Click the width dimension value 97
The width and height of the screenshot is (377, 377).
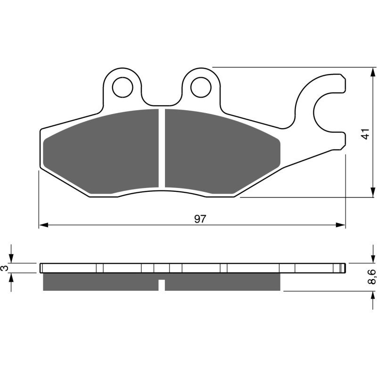[200, 219]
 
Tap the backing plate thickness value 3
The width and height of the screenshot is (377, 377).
[5, 268]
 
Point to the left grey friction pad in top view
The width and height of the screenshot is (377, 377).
[101, 151]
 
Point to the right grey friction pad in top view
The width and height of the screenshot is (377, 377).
[221, 151]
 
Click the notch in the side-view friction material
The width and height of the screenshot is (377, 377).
[162, 285]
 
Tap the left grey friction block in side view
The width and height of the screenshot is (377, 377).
[100, 281]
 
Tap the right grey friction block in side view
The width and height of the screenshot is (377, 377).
[222, 281]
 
